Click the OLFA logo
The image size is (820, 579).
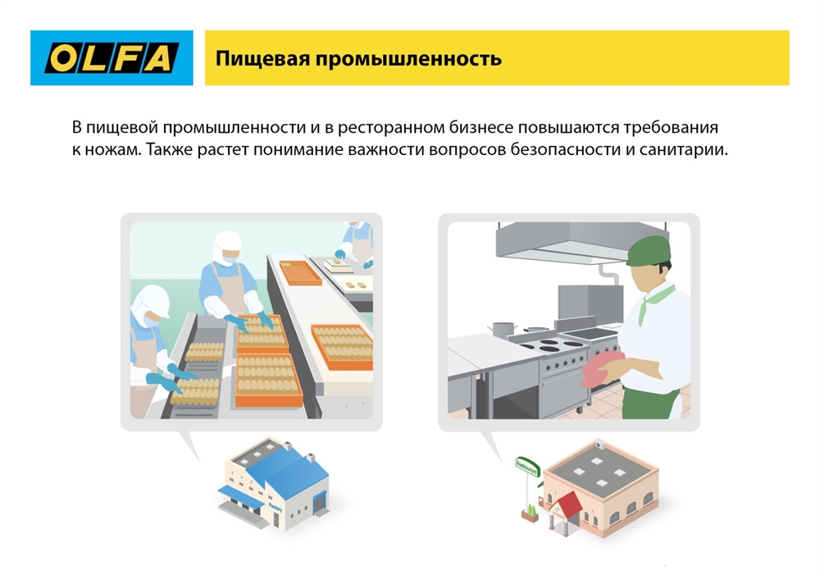coord(112,57)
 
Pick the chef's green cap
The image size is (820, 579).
coord(648,249)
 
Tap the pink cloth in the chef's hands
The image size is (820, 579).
coord(602,366)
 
